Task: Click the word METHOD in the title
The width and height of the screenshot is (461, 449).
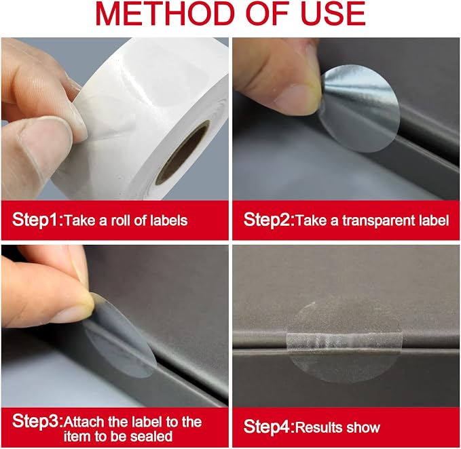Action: (x=164, y=14)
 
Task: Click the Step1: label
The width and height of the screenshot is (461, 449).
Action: (x=37, y=220)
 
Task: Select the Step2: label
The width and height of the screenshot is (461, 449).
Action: (x=269, y=220)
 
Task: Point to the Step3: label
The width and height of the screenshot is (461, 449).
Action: (x=37, y=421)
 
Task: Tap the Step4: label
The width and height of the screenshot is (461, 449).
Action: (x=269, y=427)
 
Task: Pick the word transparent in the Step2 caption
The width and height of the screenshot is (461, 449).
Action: (x=382, y=221)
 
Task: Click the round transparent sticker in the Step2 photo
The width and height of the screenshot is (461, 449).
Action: (x=360, y=108)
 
